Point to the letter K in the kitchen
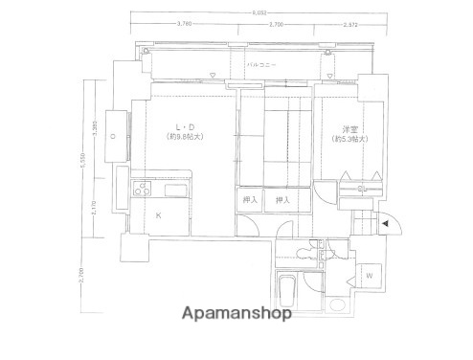pos(159,215)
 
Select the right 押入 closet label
pos(282,199)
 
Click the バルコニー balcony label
pos(261,64)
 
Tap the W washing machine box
pos(368,278)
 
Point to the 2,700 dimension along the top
pos(276,24)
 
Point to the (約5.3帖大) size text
pos(350,139)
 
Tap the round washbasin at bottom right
pos(335,305)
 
